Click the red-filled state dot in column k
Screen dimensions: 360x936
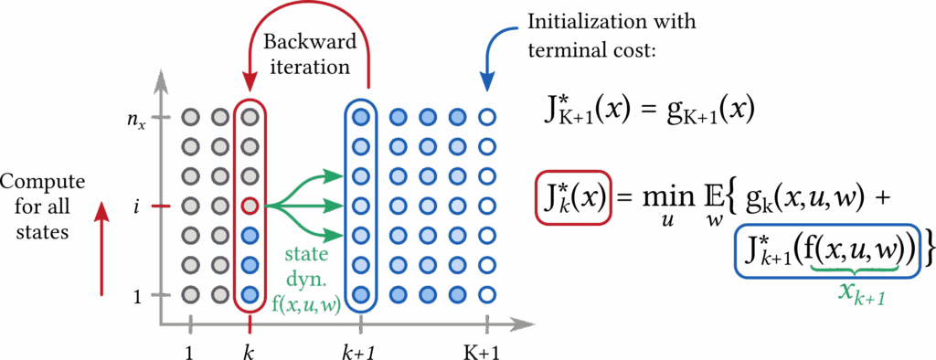pos(250,206)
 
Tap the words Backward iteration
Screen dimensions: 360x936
pos(307,55)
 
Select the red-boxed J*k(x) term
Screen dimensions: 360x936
pos(572,197)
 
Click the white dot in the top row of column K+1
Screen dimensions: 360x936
pos(487,117)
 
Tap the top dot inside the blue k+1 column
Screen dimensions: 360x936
pos(362,117)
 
